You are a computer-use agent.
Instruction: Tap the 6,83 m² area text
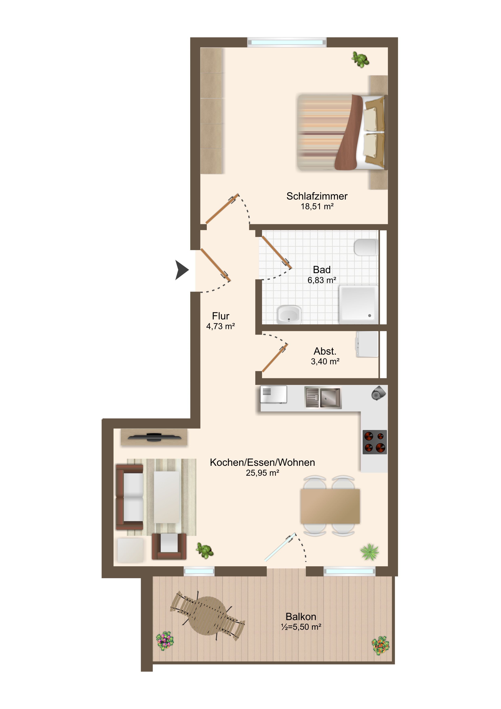coord(322,280)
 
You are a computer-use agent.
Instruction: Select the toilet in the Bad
coord(366,247)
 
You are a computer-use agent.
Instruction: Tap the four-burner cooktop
coord(375,442)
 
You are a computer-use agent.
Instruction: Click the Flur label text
coord(221,316)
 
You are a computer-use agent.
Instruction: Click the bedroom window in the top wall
coord(287,42)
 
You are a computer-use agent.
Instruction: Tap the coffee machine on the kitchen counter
coord(378,393)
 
